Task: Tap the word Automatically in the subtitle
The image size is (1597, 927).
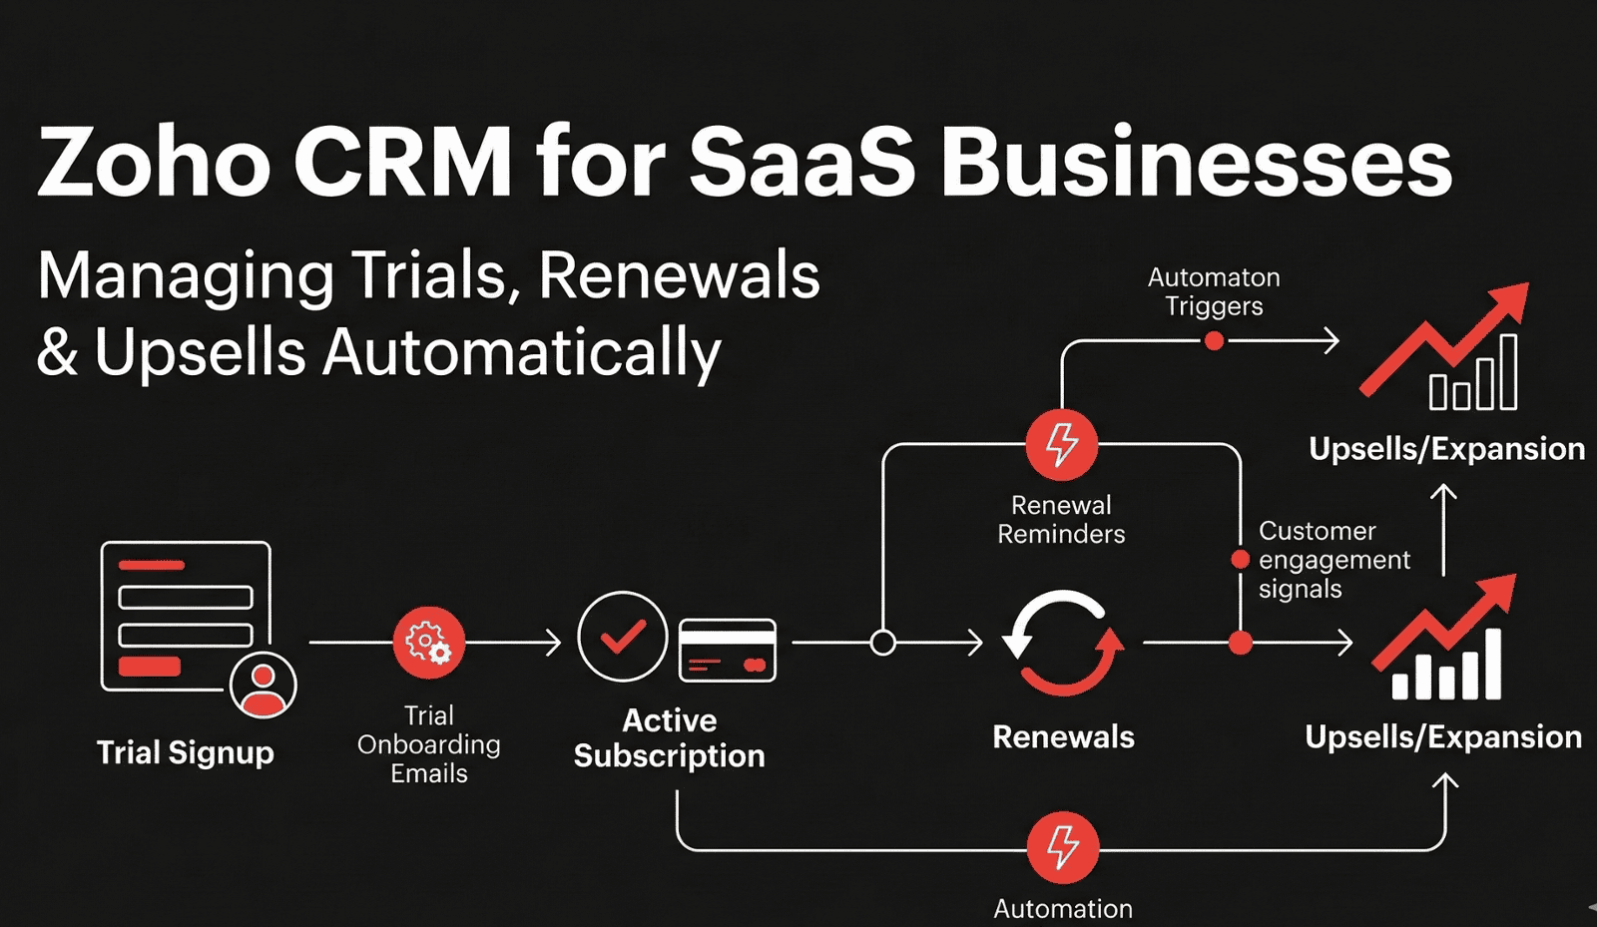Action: (521, 353)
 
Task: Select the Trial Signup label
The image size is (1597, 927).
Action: (185, 752)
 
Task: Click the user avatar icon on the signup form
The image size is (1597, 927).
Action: (263, 686)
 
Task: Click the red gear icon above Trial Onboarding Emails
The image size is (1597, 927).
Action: (428, 643)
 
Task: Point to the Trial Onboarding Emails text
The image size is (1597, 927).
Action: (429, 744)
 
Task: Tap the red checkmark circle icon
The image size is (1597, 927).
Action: (623, 637)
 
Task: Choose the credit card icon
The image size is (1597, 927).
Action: (728, 651)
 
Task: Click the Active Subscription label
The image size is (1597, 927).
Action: (669, 738)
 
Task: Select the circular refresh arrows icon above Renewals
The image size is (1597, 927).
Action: (1063, 643)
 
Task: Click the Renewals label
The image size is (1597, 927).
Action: (1063, 737)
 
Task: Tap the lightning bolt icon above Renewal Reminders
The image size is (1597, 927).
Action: (1062, 445)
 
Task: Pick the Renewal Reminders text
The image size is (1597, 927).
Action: (1061, 520)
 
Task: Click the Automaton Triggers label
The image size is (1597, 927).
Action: (1214, 291)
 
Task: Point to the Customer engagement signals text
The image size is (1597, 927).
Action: (1332, 560)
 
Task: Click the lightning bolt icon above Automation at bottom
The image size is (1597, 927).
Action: (1063, 848)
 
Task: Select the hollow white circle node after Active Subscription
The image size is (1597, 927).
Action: (882, 643)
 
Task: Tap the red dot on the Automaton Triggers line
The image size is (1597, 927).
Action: (1214, 341)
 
